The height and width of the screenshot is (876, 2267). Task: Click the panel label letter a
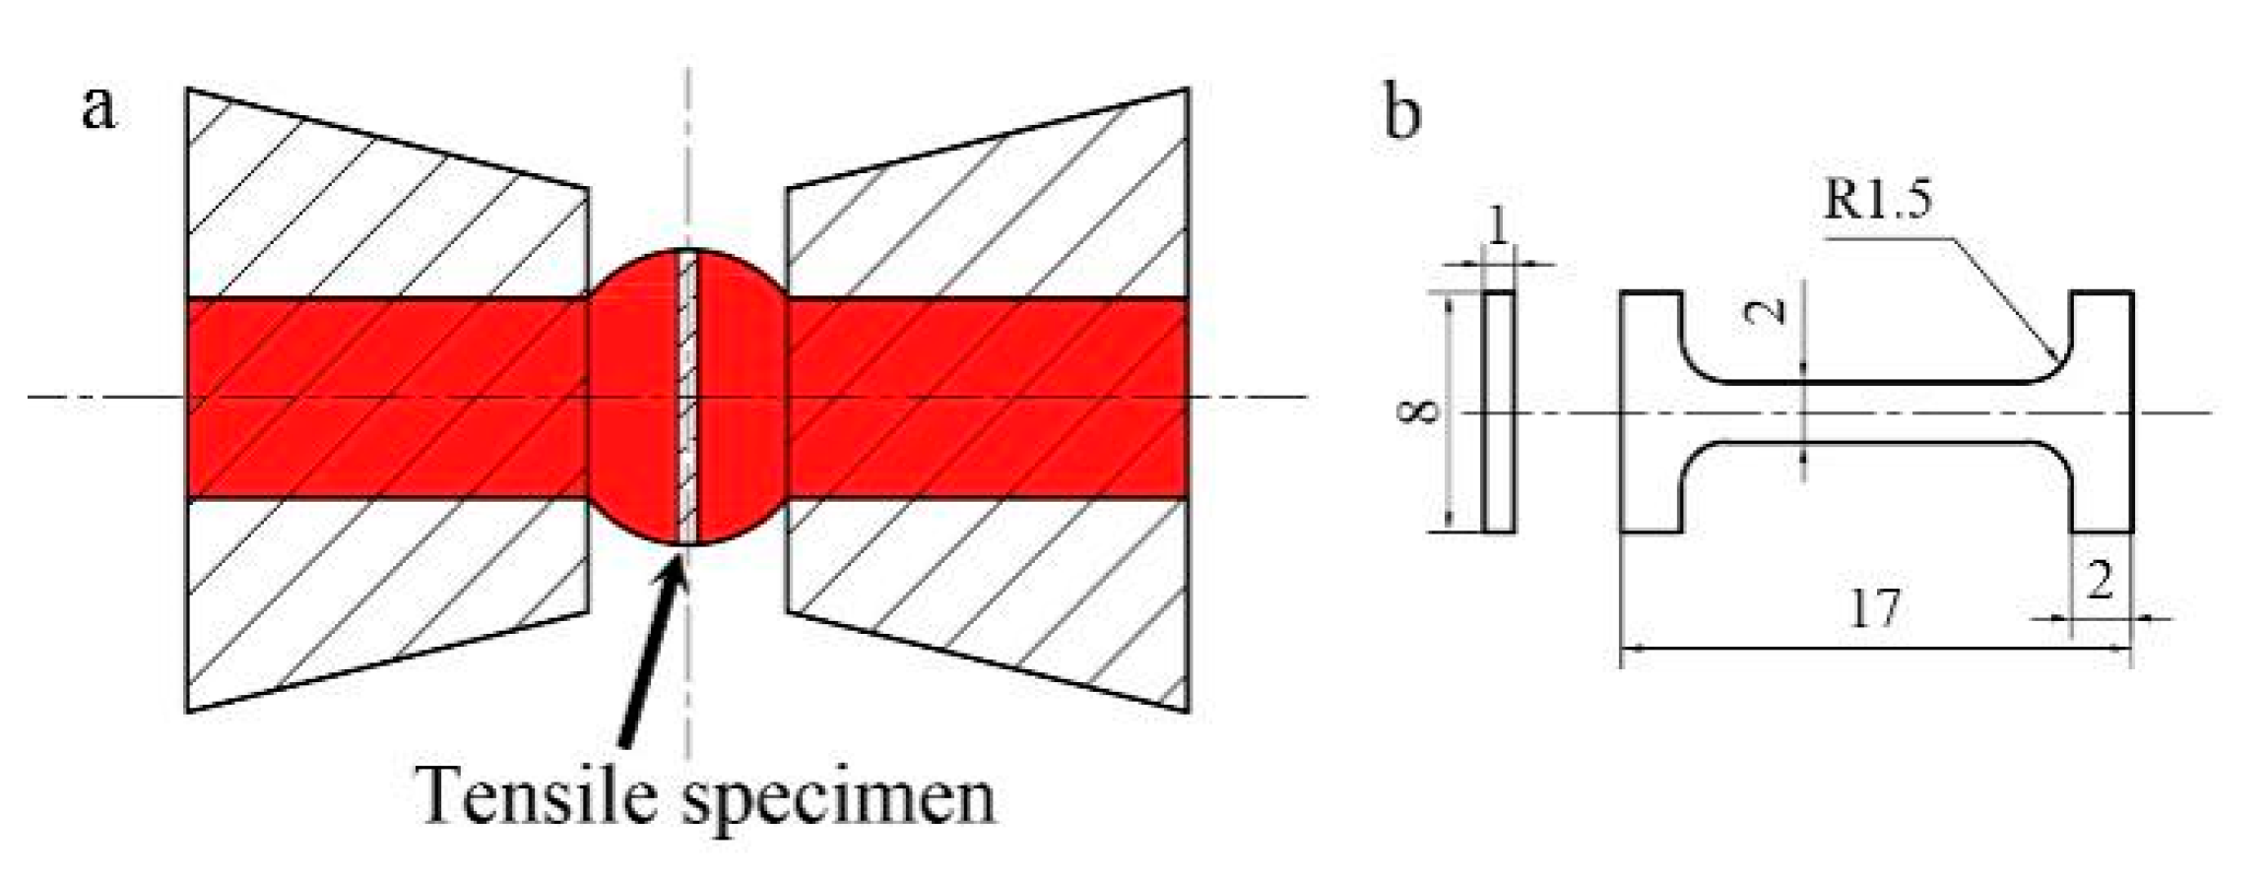(97, 108)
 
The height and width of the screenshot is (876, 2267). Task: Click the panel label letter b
(1401, 112)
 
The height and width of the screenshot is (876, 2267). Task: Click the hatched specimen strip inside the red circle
(687, 398)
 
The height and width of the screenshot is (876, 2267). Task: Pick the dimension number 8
(1418, 410)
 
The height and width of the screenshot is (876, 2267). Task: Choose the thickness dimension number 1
(1497, 228)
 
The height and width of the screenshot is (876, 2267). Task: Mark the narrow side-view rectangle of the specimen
(1498, 411)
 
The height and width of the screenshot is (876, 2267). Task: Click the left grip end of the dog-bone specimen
(1651, 411)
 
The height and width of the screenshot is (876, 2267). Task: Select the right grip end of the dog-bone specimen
(2102, 411)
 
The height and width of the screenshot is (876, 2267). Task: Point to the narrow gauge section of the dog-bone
(1871, 411)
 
